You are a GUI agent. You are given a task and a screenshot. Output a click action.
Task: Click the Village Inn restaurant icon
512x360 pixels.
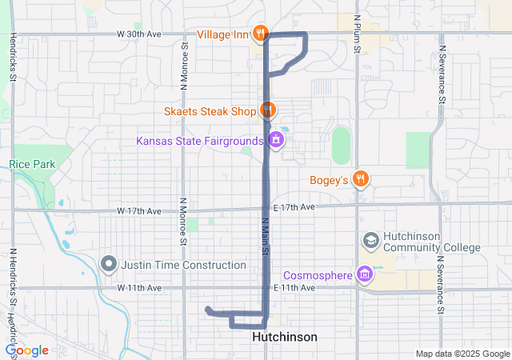[260, 34]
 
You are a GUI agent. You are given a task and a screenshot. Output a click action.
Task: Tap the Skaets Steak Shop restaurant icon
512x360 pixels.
[267, 110]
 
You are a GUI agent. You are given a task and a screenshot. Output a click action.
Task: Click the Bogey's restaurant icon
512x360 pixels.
[362, 178]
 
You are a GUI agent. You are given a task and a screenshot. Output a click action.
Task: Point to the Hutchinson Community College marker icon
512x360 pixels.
[370, 240]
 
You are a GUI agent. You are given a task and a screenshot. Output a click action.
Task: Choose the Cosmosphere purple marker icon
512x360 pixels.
[365, 275]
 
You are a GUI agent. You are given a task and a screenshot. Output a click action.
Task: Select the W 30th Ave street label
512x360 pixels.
[138, 34]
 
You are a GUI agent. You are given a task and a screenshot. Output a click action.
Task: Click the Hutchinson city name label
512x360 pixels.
[284, 337]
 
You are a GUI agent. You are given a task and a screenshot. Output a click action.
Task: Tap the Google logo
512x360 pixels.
[26, 350]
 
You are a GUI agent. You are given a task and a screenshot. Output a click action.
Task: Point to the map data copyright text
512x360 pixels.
[462, 354]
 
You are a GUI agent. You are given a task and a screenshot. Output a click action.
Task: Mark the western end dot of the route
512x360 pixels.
[208, 310]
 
